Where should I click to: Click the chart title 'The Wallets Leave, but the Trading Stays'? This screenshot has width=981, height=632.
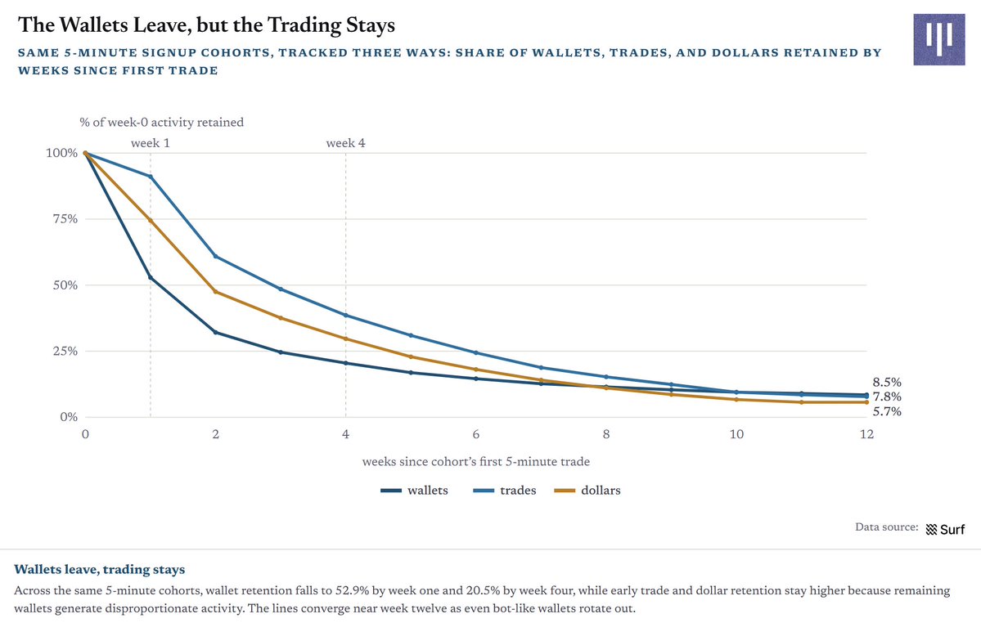206,25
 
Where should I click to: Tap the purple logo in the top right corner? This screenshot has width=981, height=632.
938,39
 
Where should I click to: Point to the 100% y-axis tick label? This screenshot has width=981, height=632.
61,153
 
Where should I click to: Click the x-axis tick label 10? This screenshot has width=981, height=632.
736,434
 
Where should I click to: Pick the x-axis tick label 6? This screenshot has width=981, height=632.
476,434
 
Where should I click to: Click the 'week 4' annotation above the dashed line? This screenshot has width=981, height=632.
345,143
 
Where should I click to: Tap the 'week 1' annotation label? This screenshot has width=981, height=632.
151,143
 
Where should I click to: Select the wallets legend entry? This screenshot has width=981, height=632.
414,491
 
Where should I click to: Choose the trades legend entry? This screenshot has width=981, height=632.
505,491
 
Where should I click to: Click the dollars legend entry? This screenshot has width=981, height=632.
588,491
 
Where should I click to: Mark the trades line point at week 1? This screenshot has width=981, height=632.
151,177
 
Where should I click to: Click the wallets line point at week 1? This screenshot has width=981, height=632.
151,277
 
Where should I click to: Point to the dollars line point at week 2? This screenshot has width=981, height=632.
216,292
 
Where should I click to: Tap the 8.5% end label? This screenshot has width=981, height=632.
887,383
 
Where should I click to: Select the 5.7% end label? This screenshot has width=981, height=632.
887,411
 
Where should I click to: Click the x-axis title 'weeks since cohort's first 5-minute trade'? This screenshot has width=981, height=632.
476,462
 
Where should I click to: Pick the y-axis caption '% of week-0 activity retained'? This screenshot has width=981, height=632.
161,123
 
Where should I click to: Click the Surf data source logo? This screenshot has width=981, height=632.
945,530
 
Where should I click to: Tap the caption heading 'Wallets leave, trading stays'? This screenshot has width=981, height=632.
100,570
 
